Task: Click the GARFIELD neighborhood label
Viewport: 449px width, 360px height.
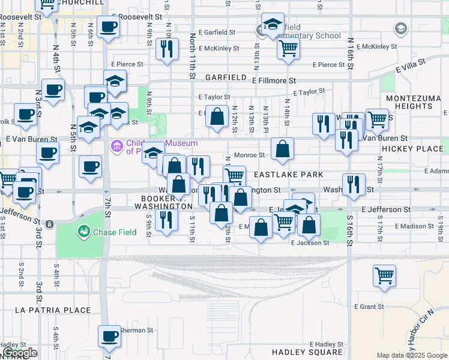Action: pyautogui.click(x=226, y=78)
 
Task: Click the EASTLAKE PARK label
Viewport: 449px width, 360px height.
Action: pyautogui.click(x=288, y=175)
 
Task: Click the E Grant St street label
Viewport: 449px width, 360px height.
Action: pyautogui.click(x=369, y=307)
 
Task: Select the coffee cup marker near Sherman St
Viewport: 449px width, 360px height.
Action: pyautogui.click(x=109, y=337)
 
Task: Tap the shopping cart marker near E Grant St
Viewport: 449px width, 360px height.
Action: pyautogui.click(x=384, y=276)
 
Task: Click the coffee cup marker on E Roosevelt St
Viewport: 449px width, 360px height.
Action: pyautogui.click(x=108, y=27)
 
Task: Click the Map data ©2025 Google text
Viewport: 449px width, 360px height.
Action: pyautogui.click(x=411, y=355)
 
